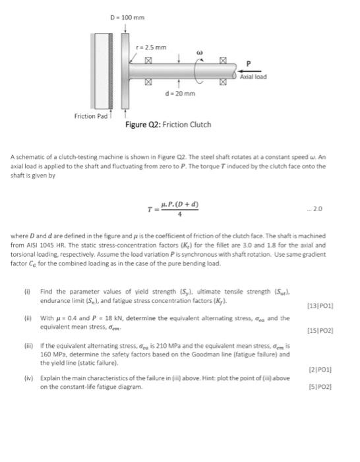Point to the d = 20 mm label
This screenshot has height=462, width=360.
(181, 94)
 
